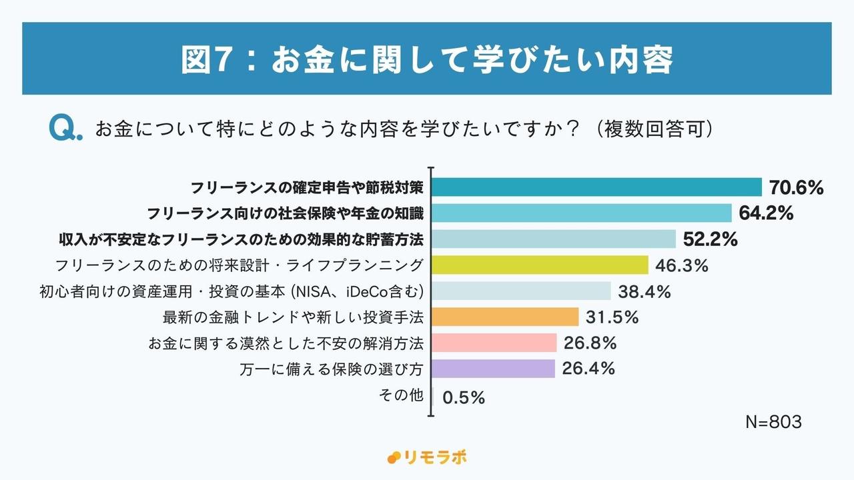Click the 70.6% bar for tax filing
point(597,187)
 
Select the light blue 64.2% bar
point(582,213)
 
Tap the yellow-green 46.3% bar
point(540,265)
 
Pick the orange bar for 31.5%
point(506,317)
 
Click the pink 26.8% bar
point(494,343)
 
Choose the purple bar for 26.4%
point(494,369)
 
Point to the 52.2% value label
point(710,239)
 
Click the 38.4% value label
point(644,291)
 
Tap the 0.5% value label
point(463,397)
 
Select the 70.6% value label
point(796,187)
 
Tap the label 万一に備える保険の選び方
point(332,369)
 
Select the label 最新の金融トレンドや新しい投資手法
point(293,317)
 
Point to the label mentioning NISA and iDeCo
point(232,291)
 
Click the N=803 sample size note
point(773,422)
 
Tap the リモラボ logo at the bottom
point(427,457)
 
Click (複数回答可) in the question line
point(653,128)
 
